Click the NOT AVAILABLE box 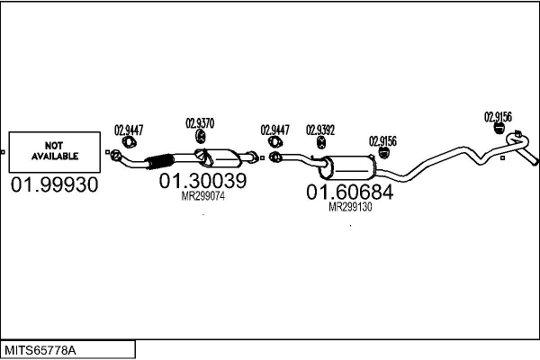(x=55, y=151)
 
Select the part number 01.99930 (x=55, y=185)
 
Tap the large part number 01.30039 (x=202, y=181)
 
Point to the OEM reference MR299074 (x=202, y=195)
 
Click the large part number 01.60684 (x=350, y=192)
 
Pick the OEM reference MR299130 (x=350, y=206)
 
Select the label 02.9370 (x=200, y=123)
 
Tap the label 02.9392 (x=320, y=130)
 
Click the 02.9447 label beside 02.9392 (x=275, y=130)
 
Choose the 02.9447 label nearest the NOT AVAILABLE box (x=128, y=130)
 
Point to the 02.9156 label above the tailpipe (x=498, y=116)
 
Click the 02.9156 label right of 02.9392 (x=382, y=140)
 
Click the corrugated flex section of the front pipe (x=157, y=163)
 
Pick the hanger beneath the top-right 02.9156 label (x=496, y=130)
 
